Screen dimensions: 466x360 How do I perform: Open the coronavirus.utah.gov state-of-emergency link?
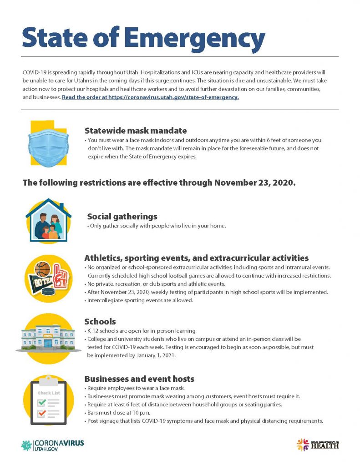click(x=150, y=97)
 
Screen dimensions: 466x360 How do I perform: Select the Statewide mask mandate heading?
click(x=136, y=131)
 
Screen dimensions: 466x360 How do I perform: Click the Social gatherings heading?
click(x=122, y=216)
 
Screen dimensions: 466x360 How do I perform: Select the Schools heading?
click(x=100, y=322)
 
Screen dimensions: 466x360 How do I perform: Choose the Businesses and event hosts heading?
click(x=139, y=379)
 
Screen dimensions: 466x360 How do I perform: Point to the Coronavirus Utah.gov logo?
click(x=52, y=445)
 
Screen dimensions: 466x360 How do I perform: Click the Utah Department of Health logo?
click(x=318, y=445)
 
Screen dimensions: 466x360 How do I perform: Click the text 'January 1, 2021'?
click(x=154, y=355)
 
